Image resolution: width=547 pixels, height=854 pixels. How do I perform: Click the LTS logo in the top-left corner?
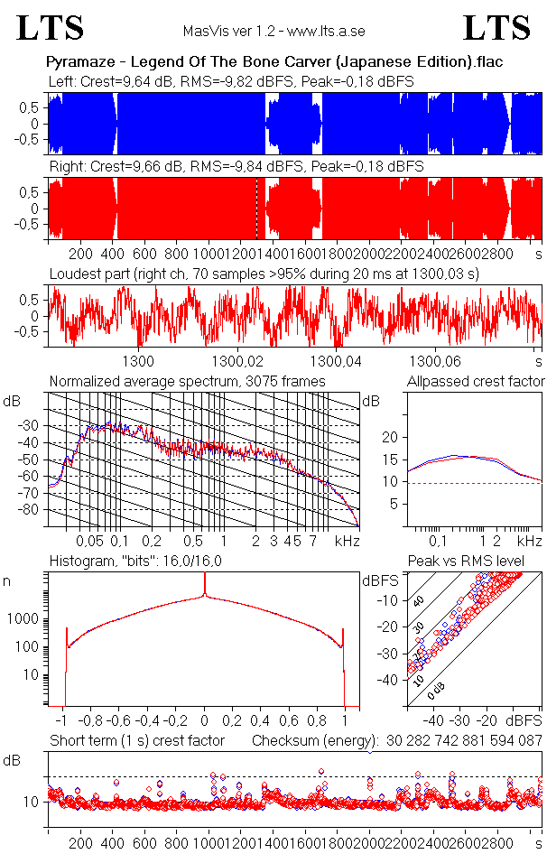pos(51,28)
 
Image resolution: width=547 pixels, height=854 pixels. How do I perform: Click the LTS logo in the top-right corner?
pos(497,28)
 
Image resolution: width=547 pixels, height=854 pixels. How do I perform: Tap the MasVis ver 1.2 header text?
pos(273,31)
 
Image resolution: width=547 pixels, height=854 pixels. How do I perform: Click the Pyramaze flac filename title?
pos(273,62)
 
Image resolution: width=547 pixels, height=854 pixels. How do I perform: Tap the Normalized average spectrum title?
pos(187,382)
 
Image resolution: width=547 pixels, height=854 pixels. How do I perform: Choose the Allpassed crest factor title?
pos(476,382)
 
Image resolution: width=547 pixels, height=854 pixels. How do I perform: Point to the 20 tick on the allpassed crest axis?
pos(390,437)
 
